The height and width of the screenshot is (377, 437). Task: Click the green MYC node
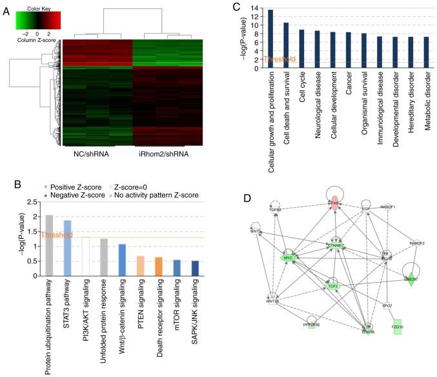tap(287, 258)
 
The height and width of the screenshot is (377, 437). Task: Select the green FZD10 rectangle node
tap(398, 327)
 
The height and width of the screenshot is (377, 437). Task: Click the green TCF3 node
tap(333, 285)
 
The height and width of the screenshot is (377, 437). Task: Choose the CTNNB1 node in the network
tap(334, 245)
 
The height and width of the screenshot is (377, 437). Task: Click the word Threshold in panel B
tap(57, 235)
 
